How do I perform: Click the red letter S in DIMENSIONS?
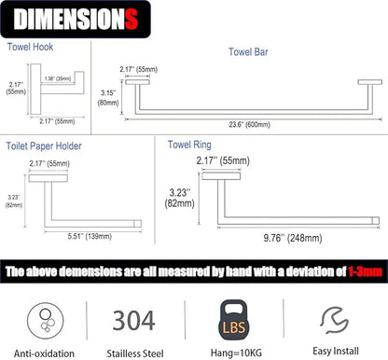[x=132, y=20]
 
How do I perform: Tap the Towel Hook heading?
[x=30, y=47]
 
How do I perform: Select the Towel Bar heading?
[x=248, y=52]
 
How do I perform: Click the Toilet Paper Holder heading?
[x=44, y=146]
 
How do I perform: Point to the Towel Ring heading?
[x=189, y=145]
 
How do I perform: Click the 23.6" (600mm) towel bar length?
[x=249, y=125]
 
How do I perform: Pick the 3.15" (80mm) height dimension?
[x=108, y=98]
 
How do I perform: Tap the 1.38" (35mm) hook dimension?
[x=58, y=78]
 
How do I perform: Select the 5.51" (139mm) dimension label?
[x=90, y=236]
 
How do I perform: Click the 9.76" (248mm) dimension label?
[x=293, y=238]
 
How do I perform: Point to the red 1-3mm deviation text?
[x=365, y=271]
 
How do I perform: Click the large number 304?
[x=133, y=321]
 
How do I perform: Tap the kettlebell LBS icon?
[x=234, y=320]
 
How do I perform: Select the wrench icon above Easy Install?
[x=335, y=320]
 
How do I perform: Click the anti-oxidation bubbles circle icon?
[x=46, y=321]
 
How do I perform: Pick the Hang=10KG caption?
[x=236, y=353]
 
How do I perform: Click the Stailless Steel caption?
[x=135, y=353]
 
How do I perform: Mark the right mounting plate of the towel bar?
[x=370, y=82]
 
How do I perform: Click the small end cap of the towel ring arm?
[x=376, y=221]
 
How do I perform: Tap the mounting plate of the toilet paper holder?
[x=48, y=178]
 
